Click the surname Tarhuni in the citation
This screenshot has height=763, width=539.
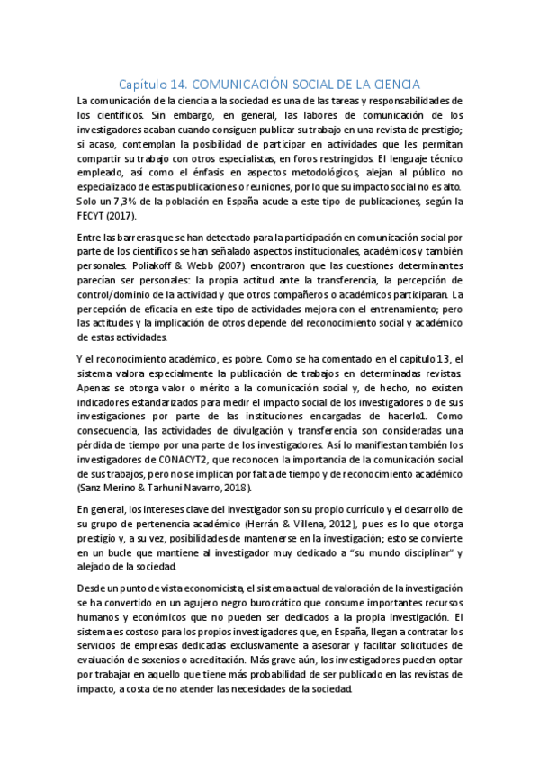coord(172,488)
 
